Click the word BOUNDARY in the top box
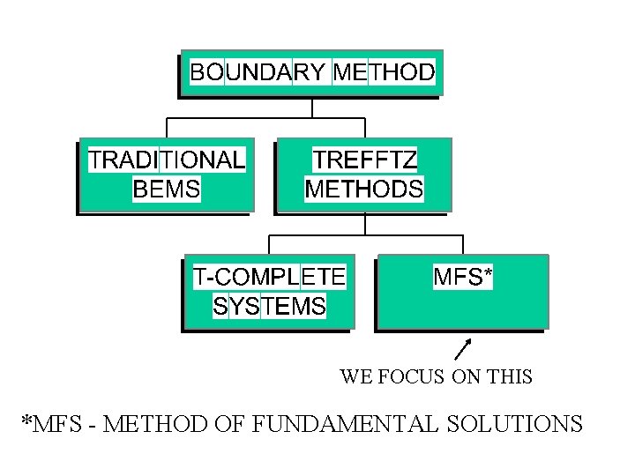point(258,71)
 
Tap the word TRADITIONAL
point(166,160)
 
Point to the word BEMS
point(166,188)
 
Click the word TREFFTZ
point(365,160)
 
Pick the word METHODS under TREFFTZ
point(364,188)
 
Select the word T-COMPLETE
point(269,277)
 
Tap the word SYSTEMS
point(269,306)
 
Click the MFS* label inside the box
point(463,277)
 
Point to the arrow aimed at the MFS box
point(462,350)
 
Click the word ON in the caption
point(463,377)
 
